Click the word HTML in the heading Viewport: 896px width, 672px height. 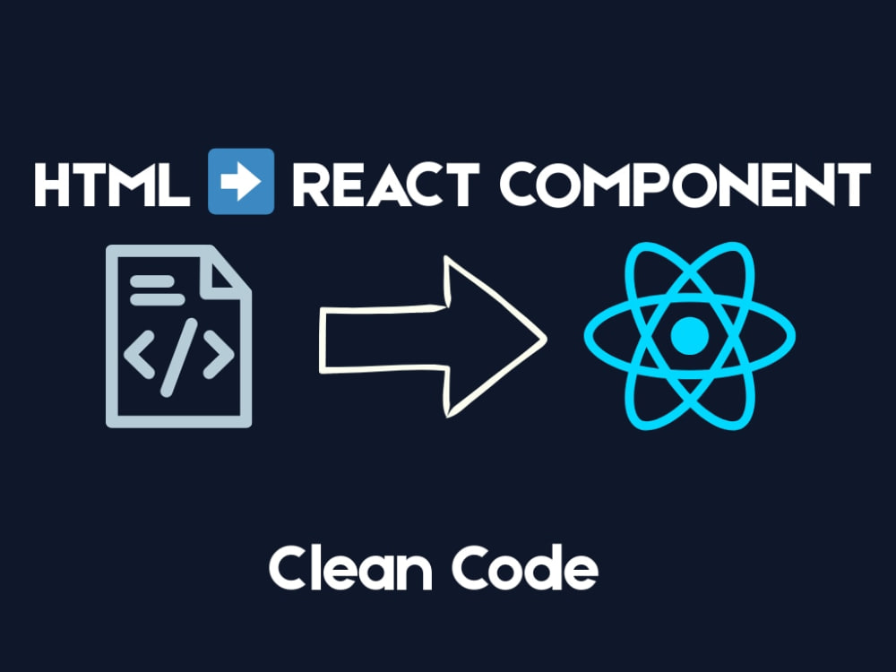pos(112,185)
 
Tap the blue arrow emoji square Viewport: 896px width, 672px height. pos(241,181)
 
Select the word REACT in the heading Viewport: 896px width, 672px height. pos(385,185)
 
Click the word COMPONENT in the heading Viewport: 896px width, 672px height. pos(685,185)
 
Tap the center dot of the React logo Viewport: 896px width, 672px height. pos(690,336)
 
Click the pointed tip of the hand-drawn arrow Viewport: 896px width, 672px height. pos(546,339)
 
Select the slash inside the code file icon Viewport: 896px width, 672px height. pos(179,358)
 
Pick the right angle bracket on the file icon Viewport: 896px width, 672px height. pos(219,354)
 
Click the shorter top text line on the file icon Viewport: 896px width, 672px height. pos(152,281)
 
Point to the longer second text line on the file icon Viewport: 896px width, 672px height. pos(158,299)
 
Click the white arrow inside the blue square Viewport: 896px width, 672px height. pos(241,182)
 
